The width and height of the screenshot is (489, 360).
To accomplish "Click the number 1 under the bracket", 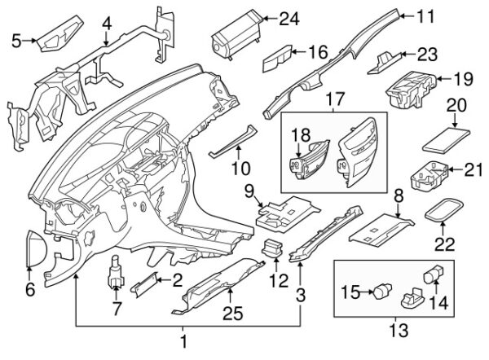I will pyautogui.click(x=184, y=340).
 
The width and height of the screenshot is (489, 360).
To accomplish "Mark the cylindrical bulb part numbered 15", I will pyautogui.click(x=380, y=290).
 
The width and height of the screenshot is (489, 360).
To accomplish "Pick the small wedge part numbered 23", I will pyautogui.click(x=389, y=59).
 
